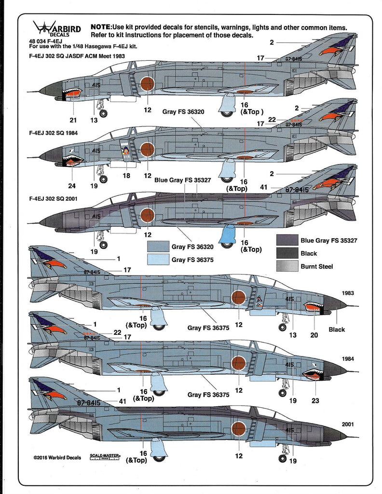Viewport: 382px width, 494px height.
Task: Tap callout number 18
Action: click(x=126, y=176)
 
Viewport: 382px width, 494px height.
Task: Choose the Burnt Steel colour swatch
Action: click(x=287, y=266)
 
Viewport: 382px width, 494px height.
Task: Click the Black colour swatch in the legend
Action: click(x=287, y=253)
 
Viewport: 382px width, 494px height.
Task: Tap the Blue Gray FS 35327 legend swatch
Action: click(x=287, y=240)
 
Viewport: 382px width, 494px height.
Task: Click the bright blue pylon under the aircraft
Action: click(x=227, y=234)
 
